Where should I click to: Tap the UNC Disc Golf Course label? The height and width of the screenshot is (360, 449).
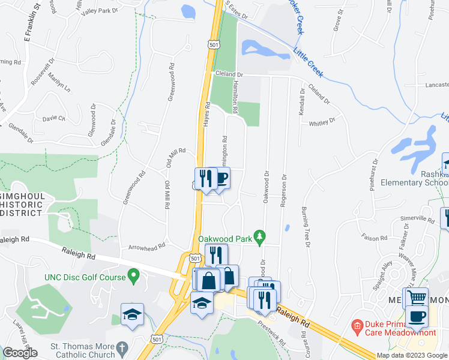(84, 277)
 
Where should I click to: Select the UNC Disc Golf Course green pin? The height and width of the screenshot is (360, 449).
(134, 276)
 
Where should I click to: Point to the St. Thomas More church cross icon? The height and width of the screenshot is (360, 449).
(122, 347)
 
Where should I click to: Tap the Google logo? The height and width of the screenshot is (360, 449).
(20, 353)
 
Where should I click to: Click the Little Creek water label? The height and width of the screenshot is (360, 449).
(309, 61)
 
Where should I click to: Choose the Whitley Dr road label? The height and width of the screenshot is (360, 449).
(322, 123)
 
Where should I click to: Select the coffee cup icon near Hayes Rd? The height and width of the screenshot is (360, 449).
(221, 178)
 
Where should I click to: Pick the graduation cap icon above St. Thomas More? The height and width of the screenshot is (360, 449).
(131, 314)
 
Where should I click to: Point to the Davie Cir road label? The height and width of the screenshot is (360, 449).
(53, 118)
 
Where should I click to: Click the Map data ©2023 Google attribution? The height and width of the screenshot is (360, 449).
(412, 355)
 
